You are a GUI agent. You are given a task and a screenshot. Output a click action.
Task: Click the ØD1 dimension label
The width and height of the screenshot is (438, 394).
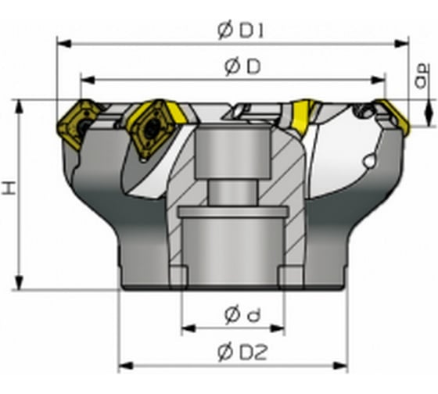241,30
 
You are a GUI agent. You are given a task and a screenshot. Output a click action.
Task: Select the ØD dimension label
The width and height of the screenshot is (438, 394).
242,67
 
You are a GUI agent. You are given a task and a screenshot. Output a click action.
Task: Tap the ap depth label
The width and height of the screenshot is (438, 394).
422,76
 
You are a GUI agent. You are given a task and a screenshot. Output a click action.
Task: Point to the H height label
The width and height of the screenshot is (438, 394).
9,188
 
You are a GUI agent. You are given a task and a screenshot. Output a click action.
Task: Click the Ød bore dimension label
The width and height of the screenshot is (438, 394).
242,315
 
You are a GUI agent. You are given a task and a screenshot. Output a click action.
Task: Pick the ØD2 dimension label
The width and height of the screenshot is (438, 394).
242,353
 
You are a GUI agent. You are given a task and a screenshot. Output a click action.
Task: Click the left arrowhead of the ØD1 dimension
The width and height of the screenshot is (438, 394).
63,44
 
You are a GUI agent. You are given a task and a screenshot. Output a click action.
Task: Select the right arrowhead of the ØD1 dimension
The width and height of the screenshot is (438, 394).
402,44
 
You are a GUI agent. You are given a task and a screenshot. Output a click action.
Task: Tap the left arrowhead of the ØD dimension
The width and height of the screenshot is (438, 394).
88,81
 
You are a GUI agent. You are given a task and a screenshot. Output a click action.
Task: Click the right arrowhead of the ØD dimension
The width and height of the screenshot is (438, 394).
379,81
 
